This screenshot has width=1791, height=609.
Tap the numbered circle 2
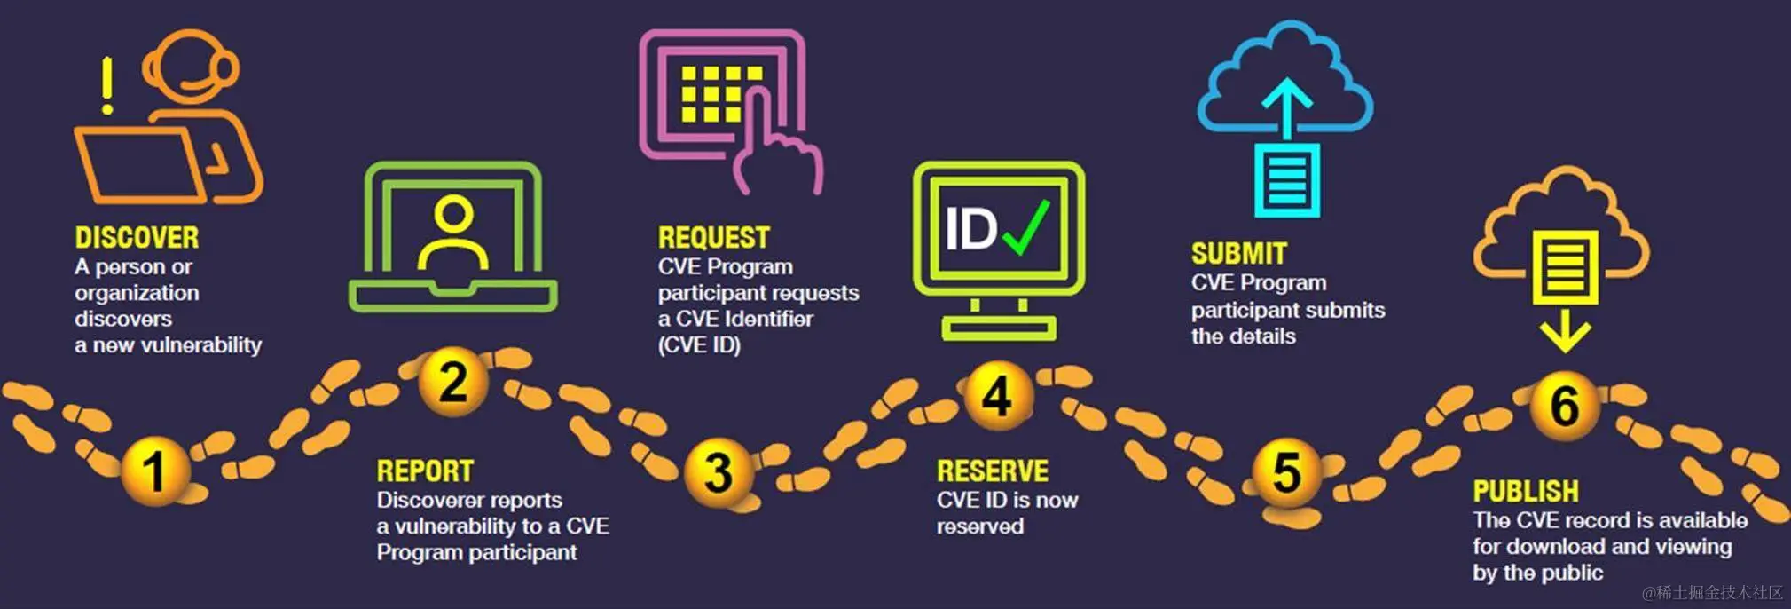coord(453,382)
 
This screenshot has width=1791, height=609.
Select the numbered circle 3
coord(719,472)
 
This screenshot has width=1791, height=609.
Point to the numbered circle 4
coord(997,396)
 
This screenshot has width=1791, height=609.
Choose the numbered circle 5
coord(1286,472)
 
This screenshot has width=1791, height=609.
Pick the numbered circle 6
coord(1564,405)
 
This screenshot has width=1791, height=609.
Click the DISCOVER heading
coord(137,238)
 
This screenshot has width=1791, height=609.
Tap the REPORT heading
coord(425,471)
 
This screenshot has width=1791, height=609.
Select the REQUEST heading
coord(713,238)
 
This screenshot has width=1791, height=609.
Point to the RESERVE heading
coord(992,471)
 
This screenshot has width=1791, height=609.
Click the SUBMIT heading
coord(1238,254)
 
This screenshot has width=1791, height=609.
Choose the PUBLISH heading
coord(1526,492)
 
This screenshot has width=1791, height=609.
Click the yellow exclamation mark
coord(107,85)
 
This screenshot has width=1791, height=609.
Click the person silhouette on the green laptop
coord(453,233)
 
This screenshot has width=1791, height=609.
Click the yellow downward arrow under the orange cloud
coord(1565,333)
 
